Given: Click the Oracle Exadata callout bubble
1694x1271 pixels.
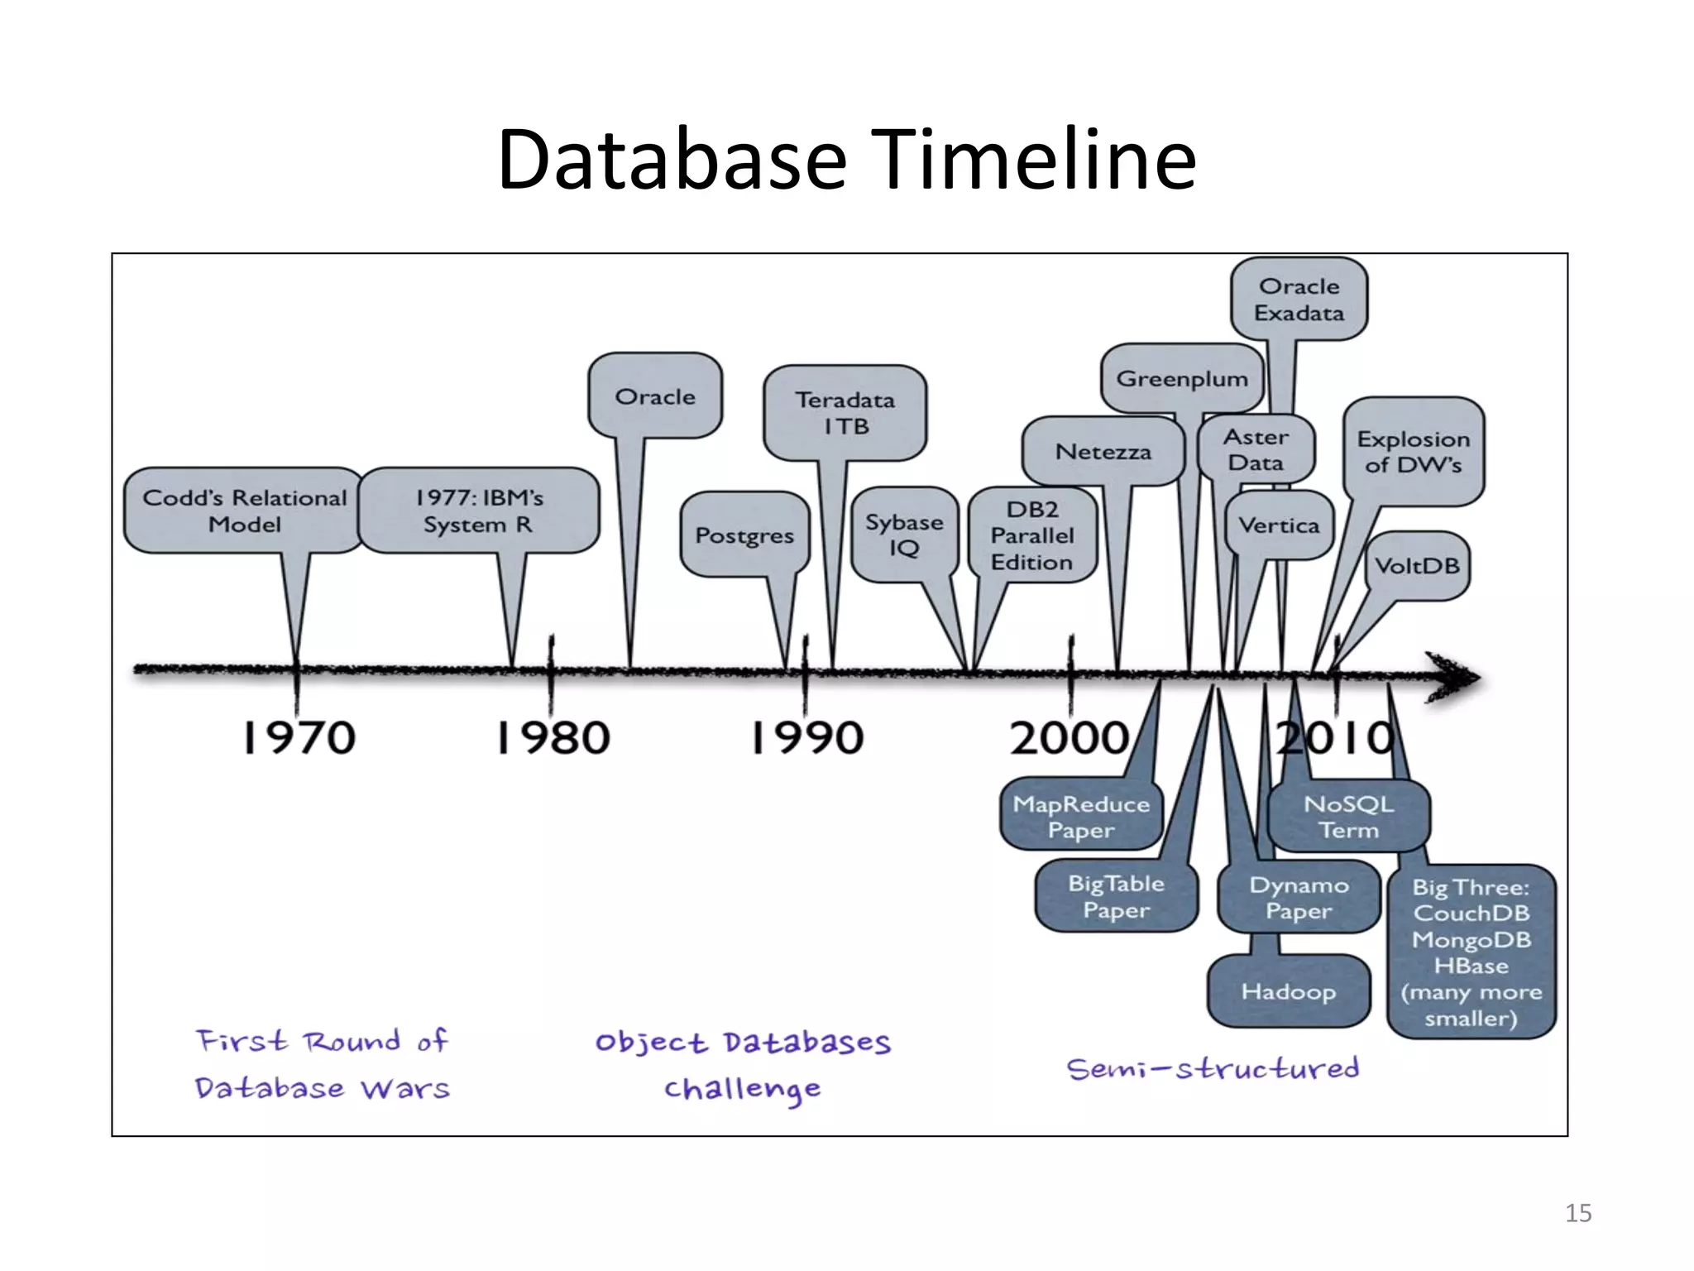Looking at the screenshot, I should point(1299,300).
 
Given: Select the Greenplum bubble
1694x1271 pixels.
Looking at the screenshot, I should point(1182,379).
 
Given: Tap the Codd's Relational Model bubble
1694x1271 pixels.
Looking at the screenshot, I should point(244,511).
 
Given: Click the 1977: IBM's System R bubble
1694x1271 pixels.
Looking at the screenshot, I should point(479,511).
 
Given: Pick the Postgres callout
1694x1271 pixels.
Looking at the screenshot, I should point(744,535).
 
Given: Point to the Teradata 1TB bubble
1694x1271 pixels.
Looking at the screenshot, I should point(845,413).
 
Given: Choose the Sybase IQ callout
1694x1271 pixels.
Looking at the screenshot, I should point(904,535).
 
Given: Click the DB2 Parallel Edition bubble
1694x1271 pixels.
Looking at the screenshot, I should point(1032,535).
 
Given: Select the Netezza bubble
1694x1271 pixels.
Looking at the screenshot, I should point(1103,452).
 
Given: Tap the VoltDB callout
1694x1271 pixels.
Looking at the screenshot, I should point(1417,566).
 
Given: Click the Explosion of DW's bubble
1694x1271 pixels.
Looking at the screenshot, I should point(1414,452).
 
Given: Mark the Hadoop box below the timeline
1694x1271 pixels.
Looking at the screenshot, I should point(1288,991).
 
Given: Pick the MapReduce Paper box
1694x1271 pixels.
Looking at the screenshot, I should point(1081,816).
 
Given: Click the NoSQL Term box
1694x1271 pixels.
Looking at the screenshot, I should point(1348,816).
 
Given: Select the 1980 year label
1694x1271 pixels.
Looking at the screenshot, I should point(553,738).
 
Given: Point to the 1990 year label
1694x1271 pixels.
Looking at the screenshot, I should point(807,738).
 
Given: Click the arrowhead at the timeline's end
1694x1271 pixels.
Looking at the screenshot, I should point(1457,677).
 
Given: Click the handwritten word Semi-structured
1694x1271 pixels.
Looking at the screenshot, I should point(1213,1069).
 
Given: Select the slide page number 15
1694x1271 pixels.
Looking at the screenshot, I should point(1577,1213).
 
